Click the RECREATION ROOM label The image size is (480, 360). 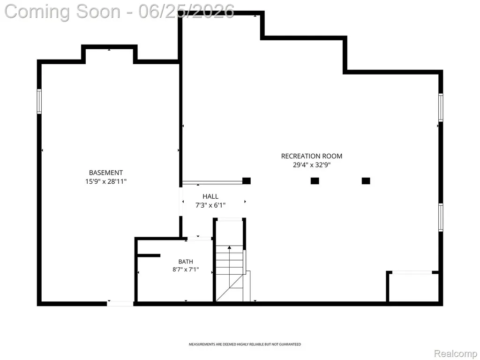pos(312,156)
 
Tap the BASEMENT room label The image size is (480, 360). pos(106,172)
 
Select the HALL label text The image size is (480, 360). pos(210,196)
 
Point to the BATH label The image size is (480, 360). pos(186,262)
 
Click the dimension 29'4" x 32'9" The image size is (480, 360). pos(312,165)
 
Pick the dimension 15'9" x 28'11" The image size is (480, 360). pos(106,181)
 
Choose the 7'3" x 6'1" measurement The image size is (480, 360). pos(210,205)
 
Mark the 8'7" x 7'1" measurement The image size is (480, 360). pos(186,270)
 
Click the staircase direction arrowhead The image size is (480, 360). pos(229,247)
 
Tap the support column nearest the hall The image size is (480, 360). pos(247,181)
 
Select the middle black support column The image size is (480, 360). pos(315,181)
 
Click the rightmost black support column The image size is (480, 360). pos(366,181)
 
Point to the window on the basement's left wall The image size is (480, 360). pos(39,101)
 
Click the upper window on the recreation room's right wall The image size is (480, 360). pos(441,107)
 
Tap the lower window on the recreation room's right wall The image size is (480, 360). pos(441,217)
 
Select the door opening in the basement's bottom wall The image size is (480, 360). pos(120,304)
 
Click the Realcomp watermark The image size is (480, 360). pos(456,353)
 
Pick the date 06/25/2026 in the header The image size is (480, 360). pos(187,11)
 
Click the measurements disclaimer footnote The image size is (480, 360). pos(245,345)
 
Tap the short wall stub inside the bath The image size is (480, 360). pos(149,255)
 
